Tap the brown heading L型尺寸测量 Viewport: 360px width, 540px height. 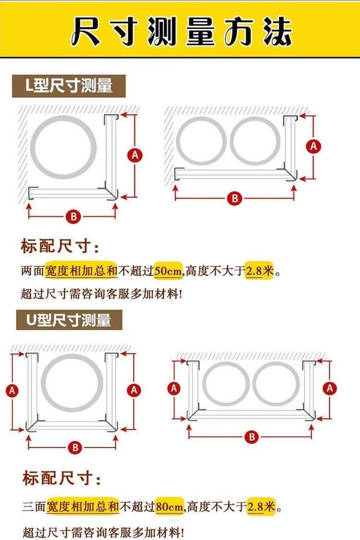69,86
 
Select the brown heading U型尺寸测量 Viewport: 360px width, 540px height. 69,319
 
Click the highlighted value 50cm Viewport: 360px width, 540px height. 168,271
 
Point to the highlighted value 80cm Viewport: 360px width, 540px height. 169,506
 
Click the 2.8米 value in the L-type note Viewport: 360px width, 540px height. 260,271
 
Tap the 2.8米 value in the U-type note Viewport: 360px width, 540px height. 261,506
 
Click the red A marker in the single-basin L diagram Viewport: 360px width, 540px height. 135,155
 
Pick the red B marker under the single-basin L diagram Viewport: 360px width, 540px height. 73,217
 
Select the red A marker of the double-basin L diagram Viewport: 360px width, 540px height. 314,146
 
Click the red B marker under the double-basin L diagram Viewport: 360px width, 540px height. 234,198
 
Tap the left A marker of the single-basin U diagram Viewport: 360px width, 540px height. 12,391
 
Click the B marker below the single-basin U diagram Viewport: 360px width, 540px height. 74,448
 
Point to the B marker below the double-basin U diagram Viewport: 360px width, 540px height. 252,436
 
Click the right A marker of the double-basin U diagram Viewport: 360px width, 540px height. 330,388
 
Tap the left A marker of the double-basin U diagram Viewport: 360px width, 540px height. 174,387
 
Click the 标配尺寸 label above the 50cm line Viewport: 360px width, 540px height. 60,247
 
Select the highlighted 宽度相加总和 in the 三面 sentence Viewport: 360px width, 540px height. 83,506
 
